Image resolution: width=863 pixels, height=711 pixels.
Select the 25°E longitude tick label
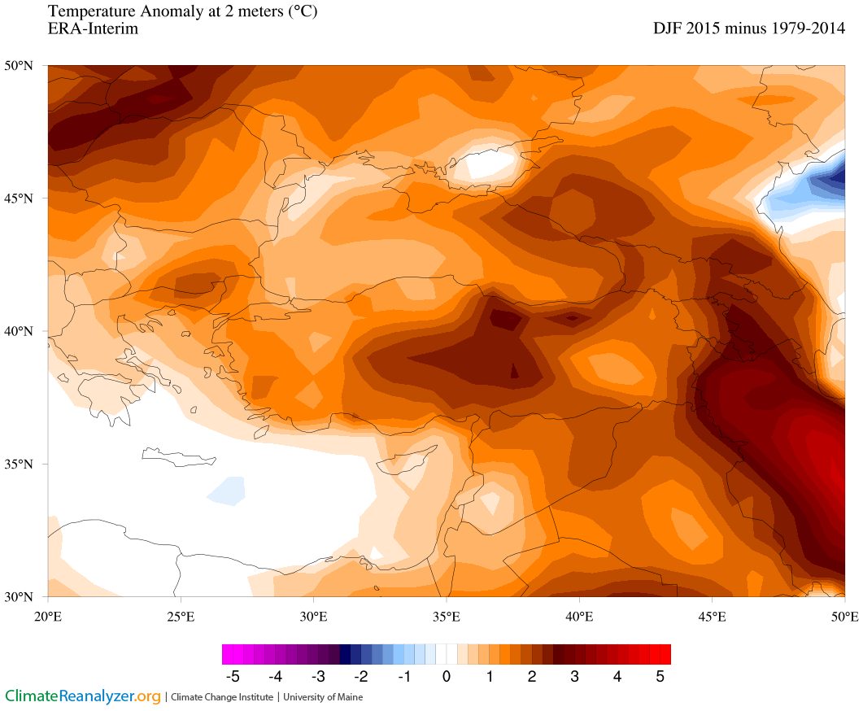pyautogui.click(x=181, y=616)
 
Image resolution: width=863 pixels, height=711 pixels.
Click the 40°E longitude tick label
pyautogui.click(x=579, y=616)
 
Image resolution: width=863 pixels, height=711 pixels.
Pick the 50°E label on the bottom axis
pyautogui.click(x=844, y=616)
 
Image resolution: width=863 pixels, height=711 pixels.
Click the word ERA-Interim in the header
pyautogui.click(x=93, y=29)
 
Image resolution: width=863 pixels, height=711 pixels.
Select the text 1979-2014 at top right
pyautogui.click(x=805, y=28)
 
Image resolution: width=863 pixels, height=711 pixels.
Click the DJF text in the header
pyautogui.click(x=669, y=28)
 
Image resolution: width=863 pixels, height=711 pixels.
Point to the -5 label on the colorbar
pyautogui.click(x=232, y=676)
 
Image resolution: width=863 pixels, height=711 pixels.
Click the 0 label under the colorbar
pyautogui.click(x=447, y=676)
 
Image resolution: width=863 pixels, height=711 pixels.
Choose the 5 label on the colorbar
pyautogui.click(x=660, y=676)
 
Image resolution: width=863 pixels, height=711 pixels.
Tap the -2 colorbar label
pyautogui.click(x=360, y=676)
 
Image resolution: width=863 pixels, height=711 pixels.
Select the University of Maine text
pyautogui.click(x=324, y=697)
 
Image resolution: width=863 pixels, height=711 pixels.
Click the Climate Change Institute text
pyautogui.click(x=221, y=697)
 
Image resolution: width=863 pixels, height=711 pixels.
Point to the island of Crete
pyautogui.click(x=179, y=456)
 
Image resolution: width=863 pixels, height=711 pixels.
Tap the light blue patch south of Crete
pyautogui.click(x=227, y=490)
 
